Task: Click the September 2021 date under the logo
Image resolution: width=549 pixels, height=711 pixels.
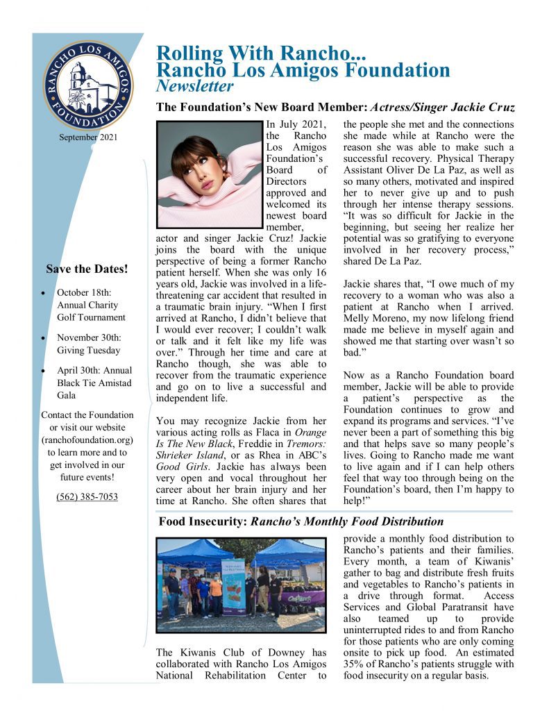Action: click(x=87, y=137)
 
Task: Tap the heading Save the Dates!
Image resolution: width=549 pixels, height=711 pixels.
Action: click(x=87, y=268)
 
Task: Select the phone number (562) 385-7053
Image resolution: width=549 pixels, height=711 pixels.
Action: click(x=87, y=496)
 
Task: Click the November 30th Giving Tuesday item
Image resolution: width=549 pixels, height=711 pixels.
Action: click(x=88, y=344)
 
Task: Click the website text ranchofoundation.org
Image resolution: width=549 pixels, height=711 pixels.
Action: click(x=87, y=440)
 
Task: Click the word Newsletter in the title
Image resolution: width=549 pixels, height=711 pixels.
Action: click(x=195, y=86)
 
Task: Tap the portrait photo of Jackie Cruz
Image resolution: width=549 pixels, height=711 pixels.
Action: click(x=208, y=174)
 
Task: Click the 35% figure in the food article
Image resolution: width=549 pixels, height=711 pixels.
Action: click(x=355, y=663)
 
